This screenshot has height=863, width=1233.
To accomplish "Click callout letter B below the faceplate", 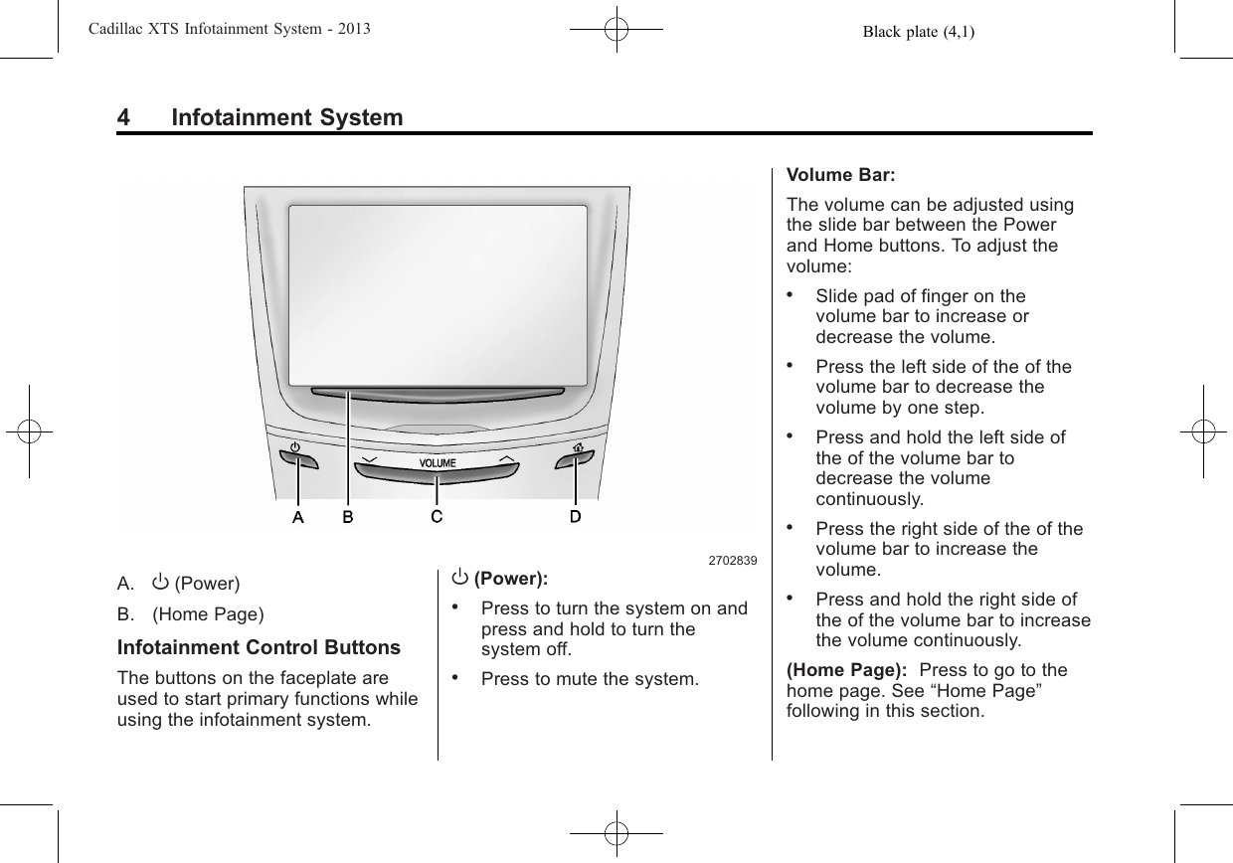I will (348, 516).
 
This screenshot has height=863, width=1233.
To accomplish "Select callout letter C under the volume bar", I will (437, 516).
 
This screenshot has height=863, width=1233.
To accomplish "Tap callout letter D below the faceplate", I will (576, 516).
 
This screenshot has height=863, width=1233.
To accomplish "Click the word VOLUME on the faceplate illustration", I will (437, 463).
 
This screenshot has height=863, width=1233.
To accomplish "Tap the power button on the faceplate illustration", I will (298, 458).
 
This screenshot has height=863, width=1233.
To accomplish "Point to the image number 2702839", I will (732, 561).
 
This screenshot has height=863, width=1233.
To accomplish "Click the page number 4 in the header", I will (123, 118).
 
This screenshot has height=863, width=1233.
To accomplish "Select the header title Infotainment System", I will (287, 118).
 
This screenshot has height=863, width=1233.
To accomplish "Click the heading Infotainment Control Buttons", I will (259, 648).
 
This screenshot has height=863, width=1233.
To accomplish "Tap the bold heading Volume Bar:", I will (840, 175).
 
